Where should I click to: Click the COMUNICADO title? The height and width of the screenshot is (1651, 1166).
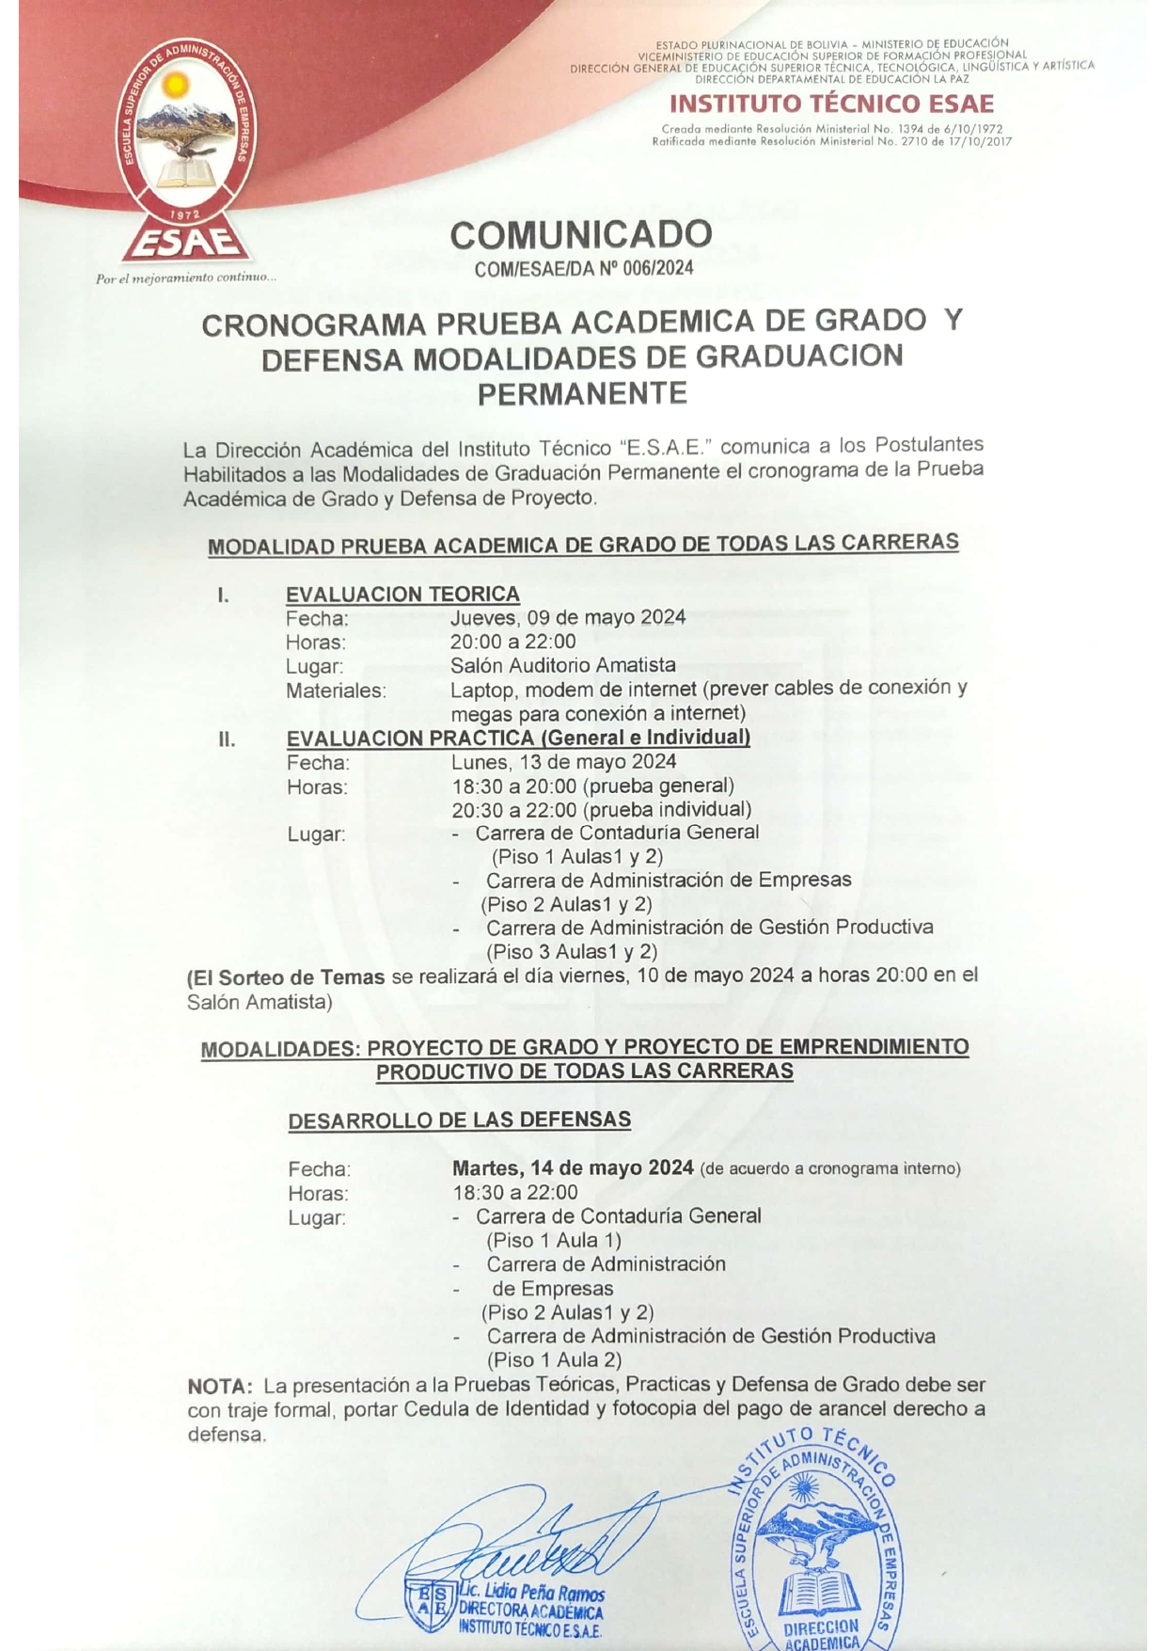tap(581, 234)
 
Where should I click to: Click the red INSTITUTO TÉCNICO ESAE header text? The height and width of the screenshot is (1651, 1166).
tap(831, 103)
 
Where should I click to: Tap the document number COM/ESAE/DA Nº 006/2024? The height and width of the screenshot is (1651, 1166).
tap(584, 269)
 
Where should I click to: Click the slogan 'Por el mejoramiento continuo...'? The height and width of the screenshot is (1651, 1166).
tap(185, 278)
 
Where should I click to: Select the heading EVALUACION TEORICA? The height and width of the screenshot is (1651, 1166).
tap(402, 595)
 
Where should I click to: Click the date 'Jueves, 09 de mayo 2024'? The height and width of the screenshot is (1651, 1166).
tap(567, 618)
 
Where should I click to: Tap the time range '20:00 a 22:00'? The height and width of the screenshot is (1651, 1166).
tap(512, 642)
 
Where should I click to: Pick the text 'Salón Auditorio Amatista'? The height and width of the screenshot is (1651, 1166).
tap(562, 665)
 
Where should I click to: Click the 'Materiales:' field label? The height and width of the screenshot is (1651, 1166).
tap(336, 691)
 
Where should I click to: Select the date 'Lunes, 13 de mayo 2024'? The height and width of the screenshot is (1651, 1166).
tap(563, 762)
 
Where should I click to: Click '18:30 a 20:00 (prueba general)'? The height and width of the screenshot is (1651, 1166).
tap(592, 786)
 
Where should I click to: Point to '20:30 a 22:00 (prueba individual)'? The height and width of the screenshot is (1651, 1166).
tap(601, 809)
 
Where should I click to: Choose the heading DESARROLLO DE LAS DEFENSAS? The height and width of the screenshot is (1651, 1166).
tap(459, 1120)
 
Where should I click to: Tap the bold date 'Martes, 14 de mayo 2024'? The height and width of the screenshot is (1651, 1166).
tap(573, 1168)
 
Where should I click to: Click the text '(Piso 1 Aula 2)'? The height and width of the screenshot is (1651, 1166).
tap(554, 1359)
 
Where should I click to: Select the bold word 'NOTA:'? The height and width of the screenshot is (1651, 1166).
tap(220, 1386)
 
